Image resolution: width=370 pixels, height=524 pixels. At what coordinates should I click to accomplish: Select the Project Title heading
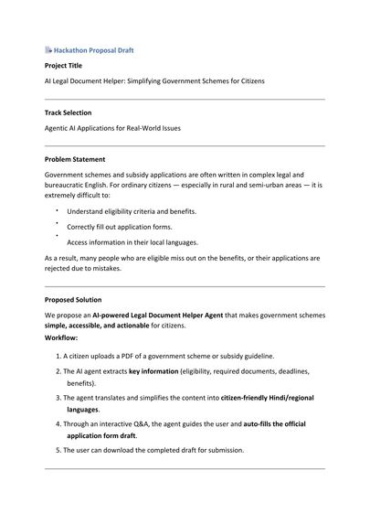pyautogui.click(x=65, y=66)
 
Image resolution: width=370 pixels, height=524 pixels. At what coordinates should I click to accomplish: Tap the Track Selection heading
pyautogui.click(x=70, y=112)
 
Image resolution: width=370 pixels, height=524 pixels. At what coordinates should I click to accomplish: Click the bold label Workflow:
pyautogui.click(x=62, y=337)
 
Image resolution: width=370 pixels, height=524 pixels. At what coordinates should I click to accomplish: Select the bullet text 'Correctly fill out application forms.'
pyautogui.click(x=119, y=227)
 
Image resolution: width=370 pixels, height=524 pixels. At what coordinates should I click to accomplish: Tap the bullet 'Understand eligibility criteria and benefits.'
pyautogui.click(x=132, y=211)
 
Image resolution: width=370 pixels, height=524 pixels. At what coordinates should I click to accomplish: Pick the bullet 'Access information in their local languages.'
pyautogui.click(x=132, y=242)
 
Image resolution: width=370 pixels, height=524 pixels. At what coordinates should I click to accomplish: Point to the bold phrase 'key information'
pyautogui.click(x=153, y=371)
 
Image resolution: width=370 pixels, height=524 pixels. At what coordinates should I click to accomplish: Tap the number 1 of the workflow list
pyautogui.click(x=58, y=355)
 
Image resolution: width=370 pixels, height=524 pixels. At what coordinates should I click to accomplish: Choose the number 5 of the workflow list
pyautogui.click(x=58, y=450)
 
